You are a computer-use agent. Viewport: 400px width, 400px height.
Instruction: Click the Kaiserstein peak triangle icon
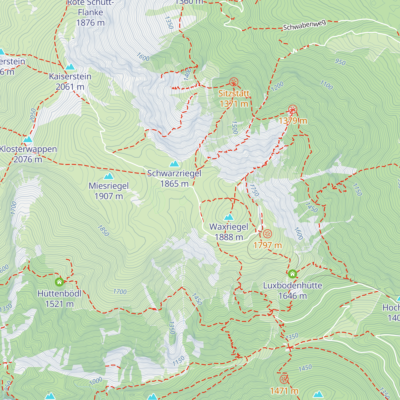(70, 67)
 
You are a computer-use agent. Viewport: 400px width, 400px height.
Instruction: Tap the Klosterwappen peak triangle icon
(28, 139)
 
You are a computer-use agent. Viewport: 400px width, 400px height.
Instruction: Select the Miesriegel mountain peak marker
(109, 176)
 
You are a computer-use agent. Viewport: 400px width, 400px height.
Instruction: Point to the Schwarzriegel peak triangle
(174, 164)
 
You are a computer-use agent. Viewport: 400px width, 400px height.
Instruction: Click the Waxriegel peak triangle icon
(229, 217)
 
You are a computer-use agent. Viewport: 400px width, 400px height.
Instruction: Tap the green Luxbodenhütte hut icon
(292, 274)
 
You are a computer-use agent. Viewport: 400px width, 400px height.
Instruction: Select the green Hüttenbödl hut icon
(59, 282)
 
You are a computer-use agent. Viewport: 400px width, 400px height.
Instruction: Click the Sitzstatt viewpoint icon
(234, 82)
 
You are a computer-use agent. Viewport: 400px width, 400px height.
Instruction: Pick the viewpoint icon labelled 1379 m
(293, 109)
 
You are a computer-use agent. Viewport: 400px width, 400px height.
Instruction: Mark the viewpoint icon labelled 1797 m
(267, 234)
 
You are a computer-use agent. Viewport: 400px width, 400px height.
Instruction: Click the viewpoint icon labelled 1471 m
(284, 379)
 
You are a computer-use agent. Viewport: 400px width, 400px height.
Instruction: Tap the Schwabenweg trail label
(304, 25)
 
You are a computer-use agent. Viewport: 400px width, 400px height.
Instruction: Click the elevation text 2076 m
(28, 160)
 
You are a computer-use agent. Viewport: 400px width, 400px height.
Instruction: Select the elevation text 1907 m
(109, 196)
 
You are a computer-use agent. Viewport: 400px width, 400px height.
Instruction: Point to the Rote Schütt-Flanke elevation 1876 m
(90, 23)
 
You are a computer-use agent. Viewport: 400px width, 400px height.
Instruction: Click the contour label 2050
(33, 115)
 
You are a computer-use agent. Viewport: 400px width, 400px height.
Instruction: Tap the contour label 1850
(103, 230)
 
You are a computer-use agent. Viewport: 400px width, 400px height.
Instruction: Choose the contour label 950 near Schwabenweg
(340, 62)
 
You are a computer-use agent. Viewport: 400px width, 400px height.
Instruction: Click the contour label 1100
(326, 85)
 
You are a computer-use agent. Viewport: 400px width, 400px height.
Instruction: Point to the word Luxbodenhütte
(293, 286)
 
